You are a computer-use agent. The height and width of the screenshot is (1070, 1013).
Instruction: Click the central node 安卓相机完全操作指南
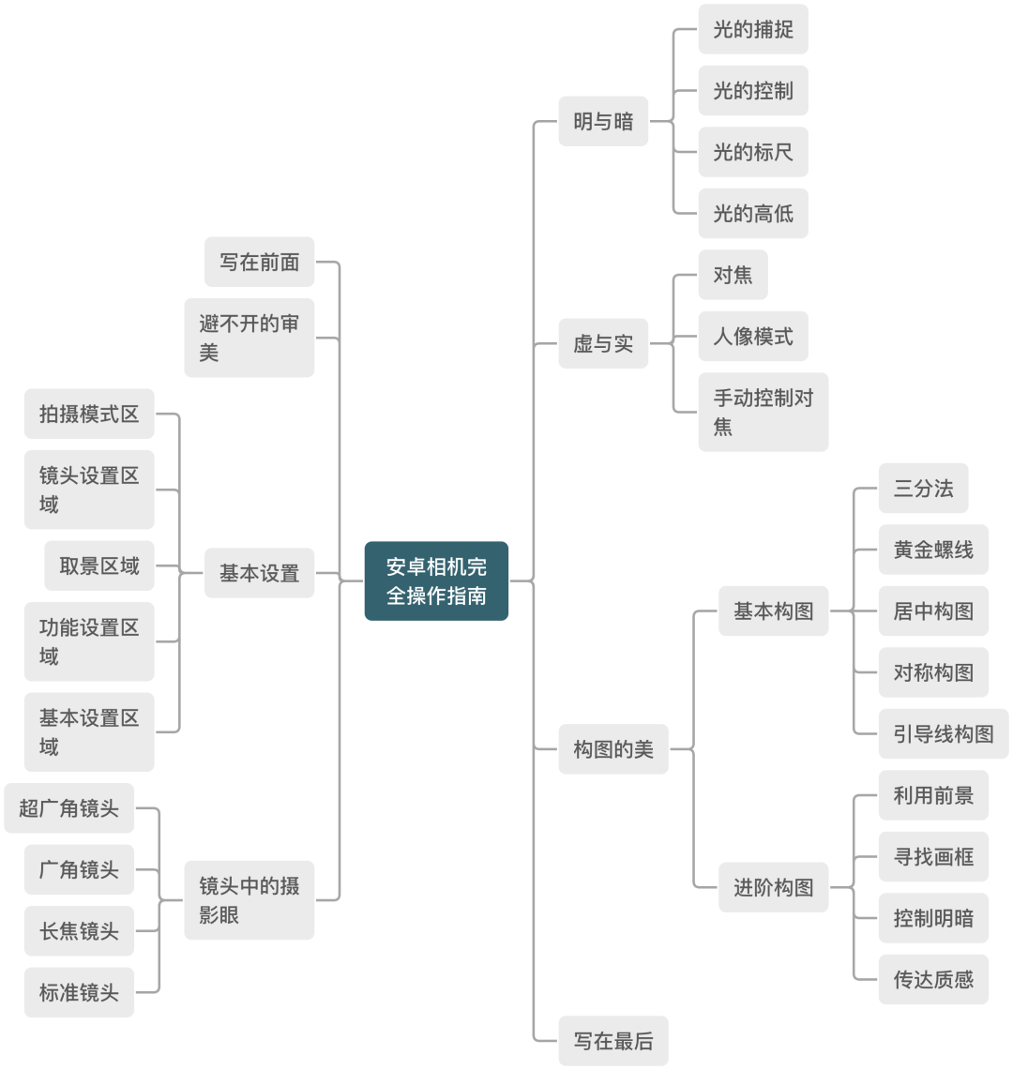click(436, 581)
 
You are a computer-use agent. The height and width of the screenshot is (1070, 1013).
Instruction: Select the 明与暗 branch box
click(603, 121)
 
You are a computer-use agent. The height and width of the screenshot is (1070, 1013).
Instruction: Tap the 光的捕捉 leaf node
click(752, 29)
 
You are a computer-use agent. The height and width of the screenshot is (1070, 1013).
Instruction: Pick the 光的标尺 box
click(752, 152)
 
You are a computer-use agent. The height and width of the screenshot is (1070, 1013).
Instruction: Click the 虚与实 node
click(603, 344)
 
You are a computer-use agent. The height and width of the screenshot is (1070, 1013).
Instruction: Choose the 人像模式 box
click(752, 336)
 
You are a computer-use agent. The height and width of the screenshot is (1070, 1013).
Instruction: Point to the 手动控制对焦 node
click(763, 412)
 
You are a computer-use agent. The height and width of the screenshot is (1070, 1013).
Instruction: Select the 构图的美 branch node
click(612, 749)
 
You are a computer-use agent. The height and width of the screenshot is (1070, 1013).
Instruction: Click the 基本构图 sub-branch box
click(773, 611)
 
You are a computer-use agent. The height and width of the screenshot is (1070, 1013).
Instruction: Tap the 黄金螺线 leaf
click(933, 550)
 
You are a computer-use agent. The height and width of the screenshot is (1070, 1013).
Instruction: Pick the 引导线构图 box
click(943, 734)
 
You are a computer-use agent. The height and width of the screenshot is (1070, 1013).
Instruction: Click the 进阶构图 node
click(773, 887)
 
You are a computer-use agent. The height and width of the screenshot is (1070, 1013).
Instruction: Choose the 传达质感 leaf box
click(933, 980)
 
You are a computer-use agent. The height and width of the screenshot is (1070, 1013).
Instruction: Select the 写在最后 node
click(612, 1041)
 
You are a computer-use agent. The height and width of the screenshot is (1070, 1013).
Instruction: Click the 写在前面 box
click(260, 262)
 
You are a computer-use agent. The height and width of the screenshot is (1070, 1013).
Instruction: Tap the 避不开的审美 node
click(249, 338)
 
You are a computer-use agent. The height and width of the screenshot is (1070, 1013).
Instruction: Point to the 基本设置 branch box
click(260, 573)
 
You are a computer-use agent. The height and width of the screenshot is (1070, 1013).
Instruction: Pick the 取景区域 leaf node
click(98, 565)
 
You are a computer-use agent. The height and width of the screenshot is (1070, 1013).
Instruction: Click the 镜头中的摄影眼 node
click(249, 900)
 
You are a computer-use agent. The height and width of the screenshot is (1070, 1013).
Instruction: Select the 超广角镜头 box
click(69, 807)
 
